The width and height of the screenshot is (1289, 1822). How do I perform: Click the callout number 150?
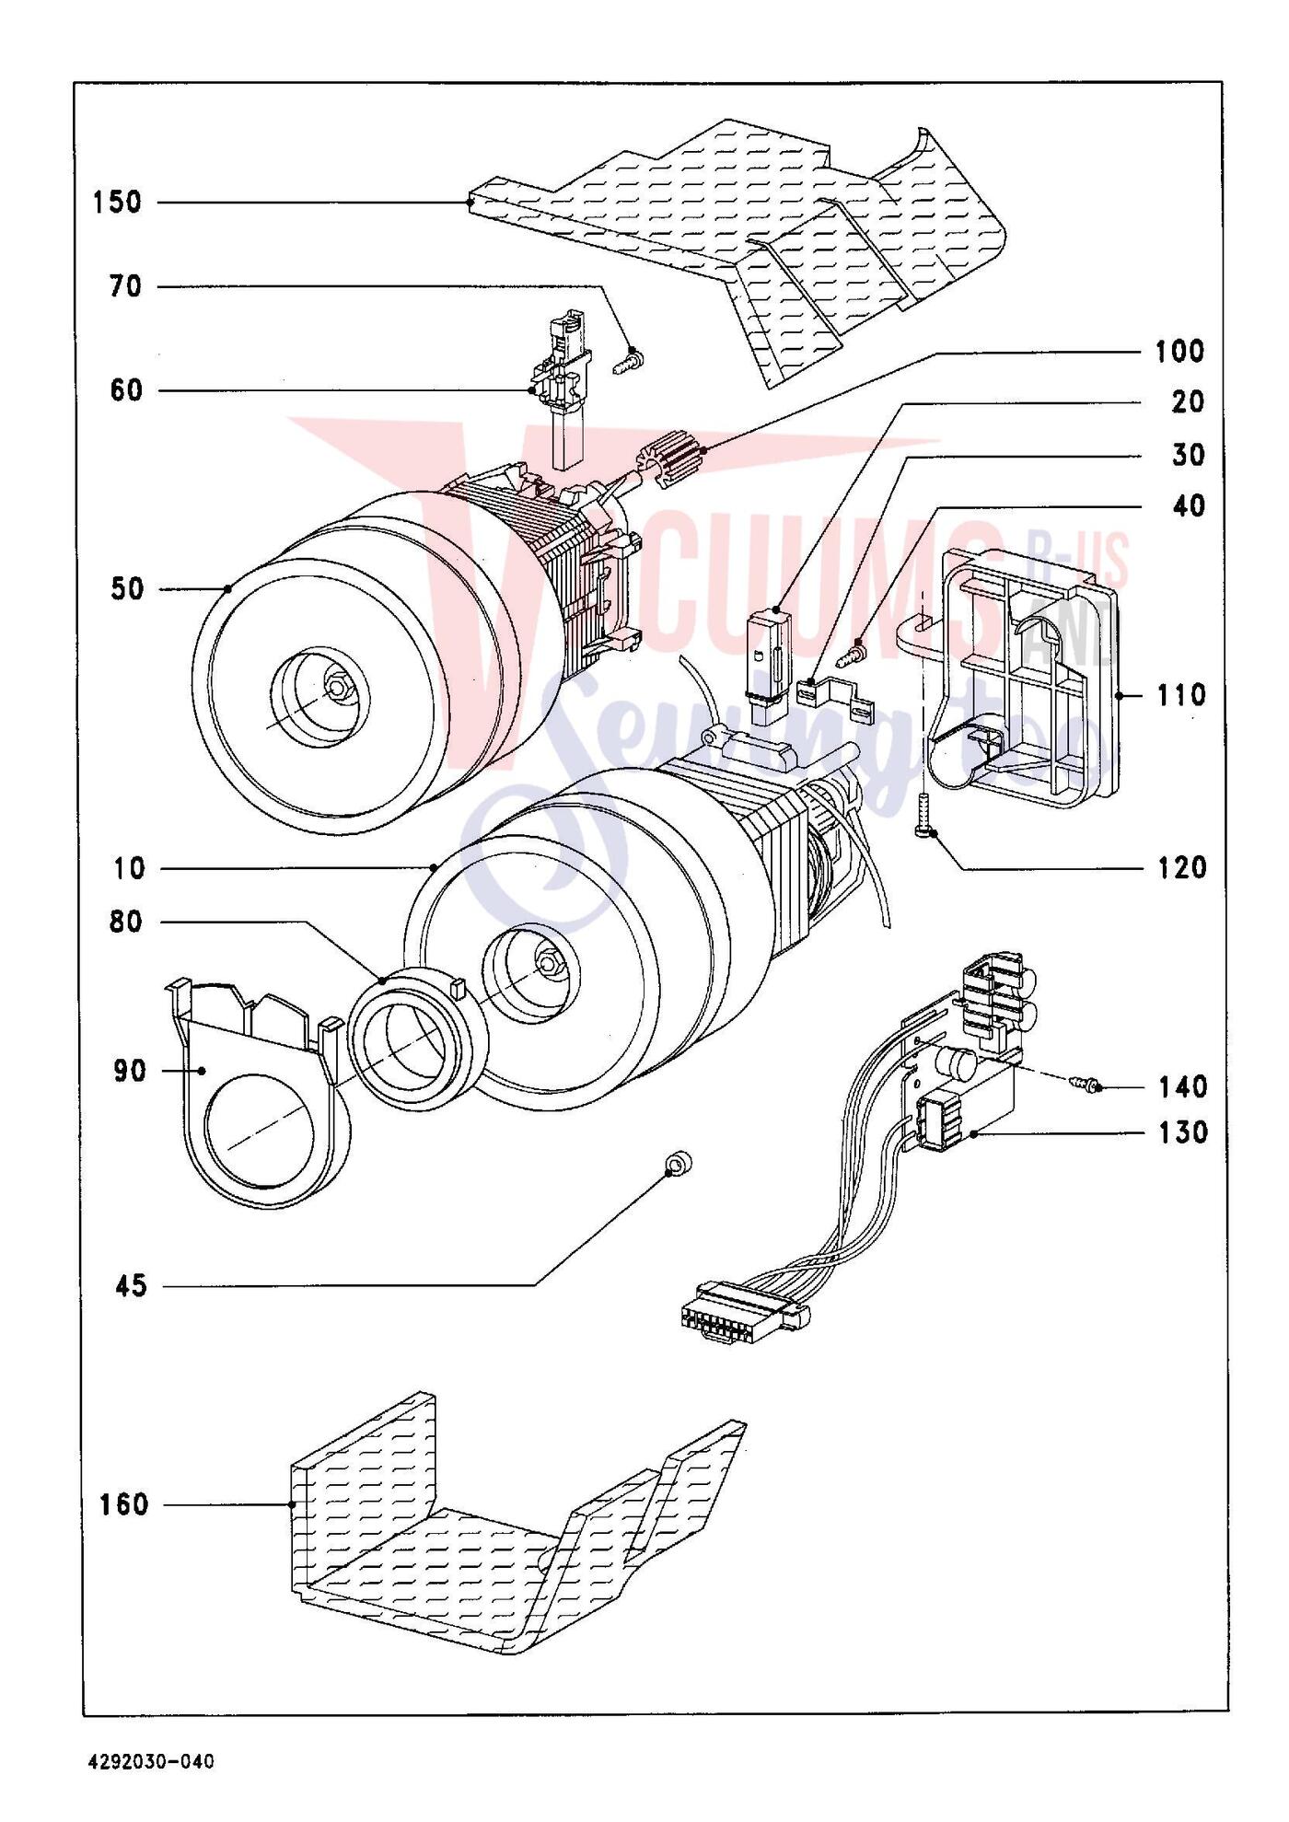coord(117,203)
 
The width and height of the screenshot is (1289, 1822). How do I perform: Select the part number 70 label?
coord(125,287)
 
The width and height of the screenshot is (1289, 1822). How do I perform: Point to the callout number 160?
coord(123,1504)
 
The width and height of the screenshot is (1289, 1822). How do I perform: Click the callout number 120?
coord(1181,867)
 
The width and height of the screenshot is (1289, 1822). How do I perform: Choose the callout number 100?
coord(1179,351)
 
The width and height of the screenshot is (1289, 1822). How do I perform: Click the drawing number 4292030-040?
coord(151,1761)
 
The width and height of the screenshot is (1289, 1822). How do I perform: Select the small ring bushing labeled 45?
coord(679,1166)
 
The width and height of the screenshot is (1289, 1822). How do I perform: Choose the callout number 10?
coord(130,868)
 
